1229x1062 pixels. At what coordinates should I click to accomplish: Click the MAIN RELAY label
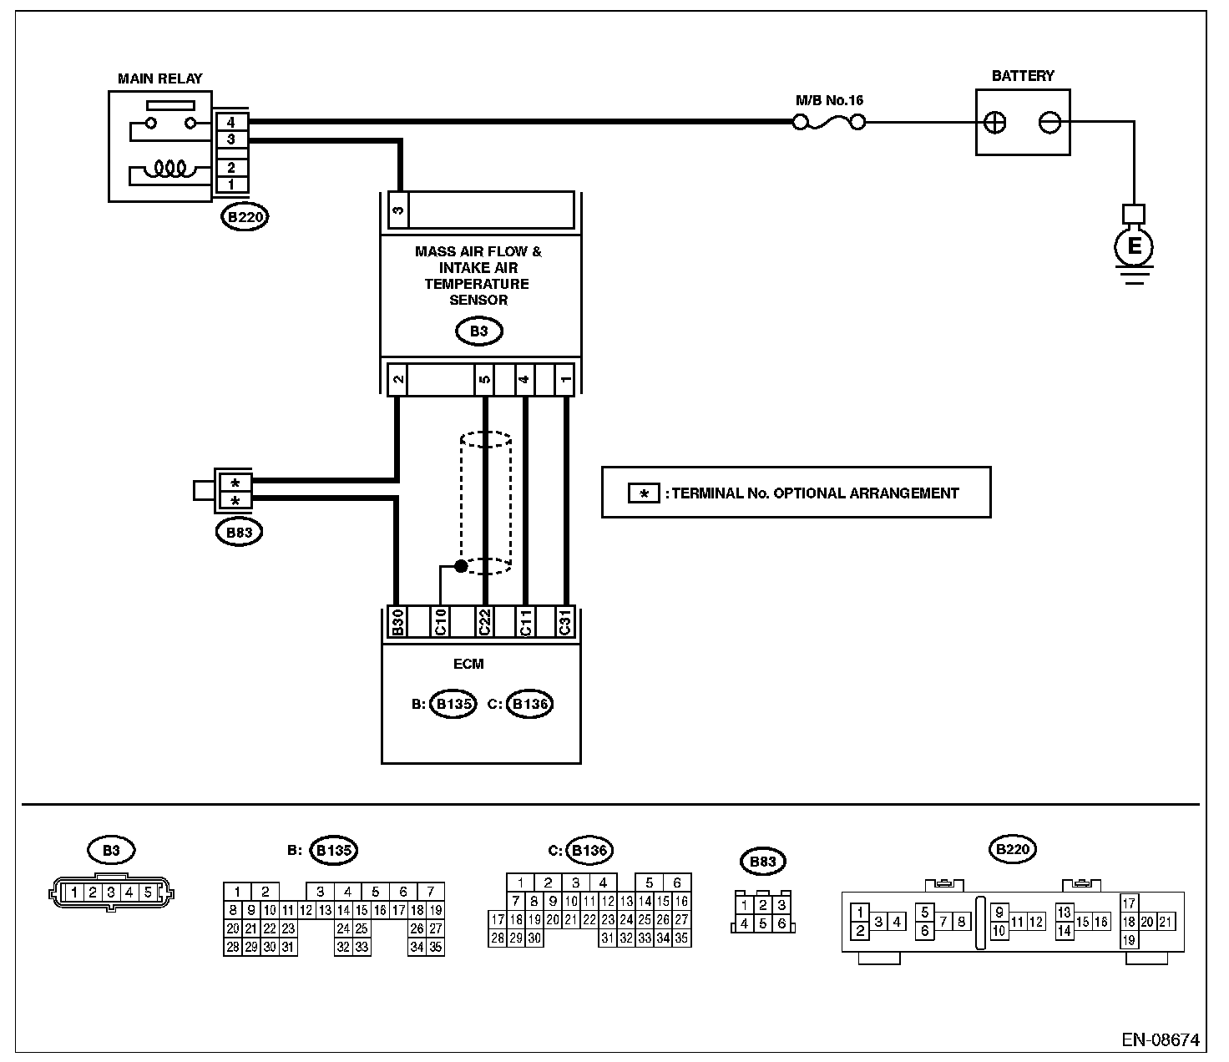point(160,78)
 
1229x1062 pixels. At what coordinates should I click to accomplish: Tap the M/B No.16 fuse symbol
point(829,123)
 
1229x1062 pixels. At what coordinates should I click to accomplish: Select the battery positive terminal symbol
point(994,123)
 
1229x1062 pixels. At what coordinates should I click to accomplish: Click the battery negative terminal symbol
point(1049,123)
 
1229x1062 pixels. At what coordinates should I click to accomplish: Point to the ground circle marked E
point(1134,246)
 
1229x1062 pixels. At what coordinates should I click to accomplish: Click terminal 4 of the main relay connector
point(230,123)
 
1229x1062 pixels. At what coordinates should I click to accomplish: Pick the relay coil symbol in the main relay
point(170,169)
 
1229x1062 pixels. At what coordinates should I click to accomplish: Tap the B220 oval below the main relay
point(245,217)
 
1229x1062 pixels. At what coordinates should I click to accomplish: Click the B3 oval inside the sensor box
point(478,331)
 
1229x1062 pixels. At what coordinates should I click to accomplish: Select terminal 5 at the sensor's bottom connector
point(484,379)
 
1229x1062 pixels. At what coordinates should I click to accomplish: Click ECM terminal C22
point(484,622)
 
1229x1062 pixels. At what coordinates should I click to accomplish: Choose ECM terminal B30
point(397,622)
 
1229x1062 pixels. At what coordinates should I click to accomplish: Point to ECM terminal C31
point(565,622)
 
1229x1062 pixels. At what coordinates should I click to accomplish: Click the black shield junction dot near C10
point(461,566)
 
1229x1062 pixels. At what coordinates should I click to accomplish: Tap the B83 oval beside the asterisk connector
point(239,532)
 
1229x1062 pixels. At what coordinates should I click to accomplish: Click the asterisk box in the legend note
point(644,493)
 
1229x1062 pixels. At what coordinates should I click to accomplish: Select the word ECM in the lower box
point(468,664)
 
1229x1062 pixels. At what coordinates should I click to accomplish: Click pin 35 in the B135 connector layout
point(436,947)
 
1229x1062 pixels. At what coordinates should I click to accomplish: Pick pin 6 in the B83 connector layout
point(781,923)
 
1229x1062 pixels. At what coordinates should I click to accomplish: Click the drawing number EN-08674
point(1160,1040)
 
